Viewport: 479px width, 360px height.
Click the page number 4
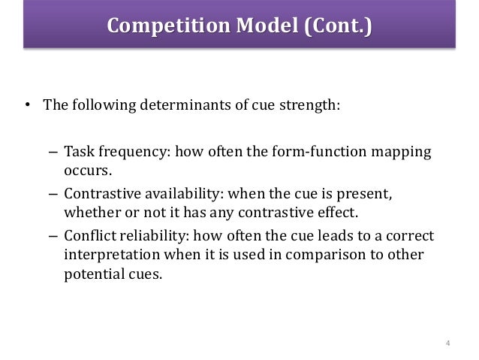click(447, 344)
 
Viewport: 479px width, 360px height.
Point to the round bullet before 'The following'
click(28, 104)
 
